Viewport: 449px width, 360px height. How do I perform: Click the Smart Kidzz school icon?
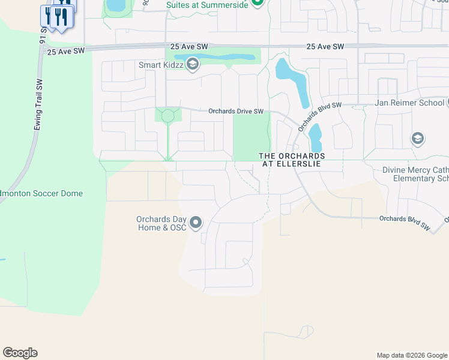point(193,65)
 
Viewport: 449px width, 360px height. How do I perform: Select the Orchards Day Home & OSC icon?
point(196,224)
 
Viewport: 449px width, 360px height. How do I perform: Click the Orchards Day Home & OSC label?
point(161,223)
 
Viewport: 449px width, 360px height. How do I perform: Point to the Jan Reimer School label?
point(409,103)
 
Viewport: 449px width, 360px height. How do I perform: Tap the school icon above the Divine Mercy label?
point(417,139)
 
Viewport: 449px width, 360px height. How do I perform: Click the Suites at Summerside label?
point(207,4)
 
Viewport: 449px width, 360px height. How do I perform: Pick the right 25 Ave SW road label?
point(325,46)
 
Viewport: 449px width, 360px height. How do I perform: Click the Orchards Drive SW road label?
point(236,111)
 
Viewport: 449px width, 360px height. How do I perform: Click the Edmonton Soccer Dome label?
point(42,194)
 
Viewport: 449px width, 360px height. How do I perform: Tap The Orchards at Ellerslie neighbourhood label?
point(292,160)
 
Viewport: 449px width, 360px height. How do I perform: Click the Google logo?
point(20,353)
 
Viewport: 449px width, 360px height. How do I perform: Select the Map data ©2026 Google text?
point(412,355)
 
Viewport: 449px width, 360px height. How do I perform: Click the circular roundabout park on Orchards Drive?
point(167,115)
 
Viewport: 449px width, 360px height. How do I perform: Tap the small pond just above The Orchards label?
point(315,138)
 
